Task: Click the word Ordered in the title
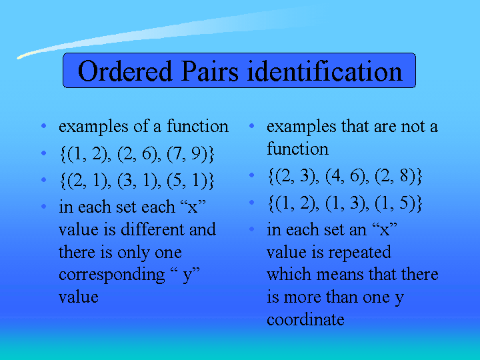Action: pyautogui.click(x=125, y=71)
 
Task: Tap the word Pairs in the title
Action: pyautogui.click(x=210, y=71)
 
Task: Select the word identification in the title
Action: pyautogui.click(x=325, y=71)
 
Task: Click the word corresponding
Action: pyautogui.click(x=112, y=275)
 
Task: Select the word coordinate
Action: pyautogui.click(x=305, y=319)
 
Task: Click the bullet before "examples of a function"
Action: pyautogui.click(x=44, y=126)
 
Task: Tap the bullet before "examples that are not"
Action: pyautogui.click(x=251, y=126)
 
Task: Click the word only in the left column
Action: pyautogui.click(x=134, y=253)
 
